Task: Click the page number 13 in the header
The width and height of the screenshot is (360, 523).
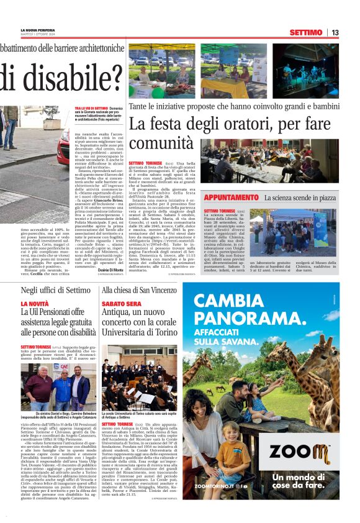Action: [335, 32]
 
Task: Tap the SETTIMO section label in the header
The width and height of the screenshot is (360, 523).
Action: [306, 32]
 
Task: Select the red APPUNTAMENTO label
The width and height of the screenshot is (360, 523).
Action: [232, 198]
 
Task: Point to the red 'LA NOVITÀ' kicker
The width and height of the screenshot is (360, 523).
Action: [35, 304]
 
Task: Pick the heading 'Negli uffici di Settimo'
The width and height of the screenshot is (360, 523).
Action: [56, 290]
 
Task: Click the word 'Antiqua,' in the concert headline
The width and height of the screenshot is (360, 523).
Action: [117, 316]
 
